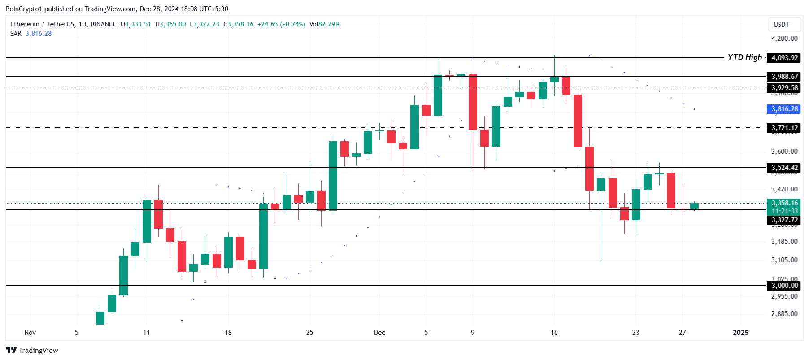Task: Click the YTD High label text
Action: click(x=744, y=57)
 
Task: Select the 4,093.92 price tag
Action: click(x=784, y=58)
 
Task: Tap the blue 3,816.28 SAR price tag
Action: click(x=784, y=109)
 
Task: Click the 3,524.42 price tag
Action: click(x=784, y=168)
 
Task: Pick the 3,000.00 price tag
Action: click(x=784, y=286)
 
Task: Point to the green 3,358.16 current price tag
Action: click(x=784, y=203)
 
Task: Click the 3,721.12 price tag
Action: click(x=784, y=128)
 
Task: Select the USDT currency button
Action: click(x=781, y=25)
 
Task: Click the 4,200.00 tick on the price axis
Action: click(x=784, y=39)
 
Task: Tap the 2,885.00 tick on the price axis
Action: click(x=784, y=314)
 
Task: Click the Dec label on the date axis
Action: click(x=379, y=333)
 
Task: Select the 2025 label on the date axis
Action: click(x=740, y=333)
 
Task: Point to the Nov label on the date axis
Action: click(x=30, y=333)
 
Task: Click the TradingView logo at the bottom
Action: click(x=32, y=350)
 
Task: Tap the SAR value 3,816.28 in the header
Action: click(x=39, y=34)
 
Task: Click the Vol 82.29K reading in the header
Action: click(x=324, y=24)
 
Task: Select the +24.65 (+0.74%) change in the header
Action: click(x=281, y=24)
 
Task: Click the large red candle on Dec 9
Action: click(x=473, y=102)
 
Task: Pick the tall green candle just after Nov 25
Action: click(x=333, y=175)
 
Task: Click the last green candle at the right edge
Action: click(x=694, y=206)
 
